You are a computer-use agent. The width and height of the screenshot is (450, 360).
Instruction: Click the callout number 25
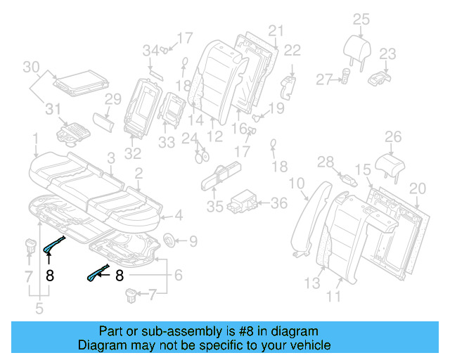361,19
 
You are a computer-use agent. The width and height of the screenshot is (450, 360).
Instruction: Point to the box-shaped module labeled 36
247,199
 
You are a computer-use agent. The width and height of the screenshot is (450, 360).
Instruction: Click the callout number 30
31,67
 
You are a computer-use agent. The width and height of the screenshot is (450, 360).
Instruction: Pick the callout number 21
275,30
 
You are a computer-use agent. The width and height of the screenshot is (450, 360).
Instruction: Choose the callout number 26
392,137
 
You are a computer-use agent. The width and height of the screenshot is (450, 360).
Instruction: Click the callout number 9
193,241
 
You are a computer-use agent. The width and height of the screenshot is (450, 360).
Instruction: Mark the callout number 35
215,206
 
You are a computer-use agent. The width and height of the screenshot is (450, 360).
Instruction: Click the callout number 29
113,100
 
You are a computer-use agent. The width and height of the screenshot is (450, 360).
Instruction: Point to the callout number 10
297,184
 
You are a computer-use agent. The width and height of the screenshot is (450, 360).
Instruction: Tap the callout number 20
418,188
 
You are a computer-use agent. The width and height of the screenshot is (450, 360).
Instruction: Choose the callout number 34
151,50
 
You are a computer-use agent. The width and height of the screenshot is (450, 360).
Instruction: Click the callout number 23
388,54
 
